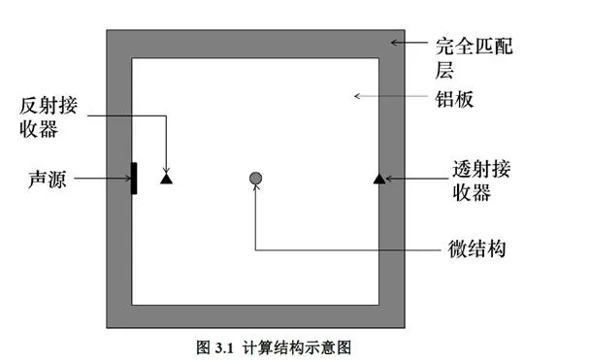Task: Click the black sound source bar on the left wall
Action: [x=134, y=178]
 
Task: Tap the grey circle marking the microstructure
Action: [x=255, y=178]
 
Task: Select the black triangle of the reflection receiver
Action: [x=166, y=179]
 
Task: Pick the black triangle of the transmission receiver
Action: [x=379, y=178]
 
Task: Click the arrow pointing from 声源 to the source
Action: [x=102, y=179]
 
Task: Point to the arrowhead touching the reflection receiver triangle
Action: [x=166, y=168]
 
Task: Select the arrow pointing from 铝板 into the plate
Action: [x=388, y=96]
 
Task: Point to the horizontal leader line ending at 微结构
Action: [x=340, y=249]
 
